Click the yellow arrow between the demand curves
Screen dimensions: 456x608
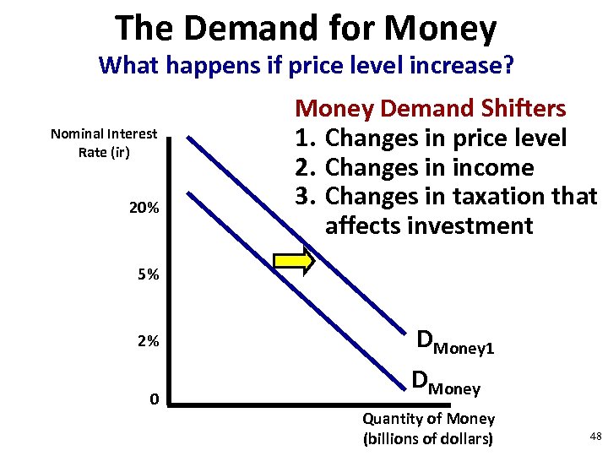pyautogui.click(x=295, y=262)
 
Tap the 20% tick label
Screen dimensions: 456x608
pyautogui.click(x=144, y=208)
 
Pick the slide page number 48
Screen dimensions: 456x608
pyautogui.click(x=595, y=436)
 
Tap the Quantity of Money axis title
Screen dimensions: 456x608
pyautogui.click(x=428, y=428)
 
